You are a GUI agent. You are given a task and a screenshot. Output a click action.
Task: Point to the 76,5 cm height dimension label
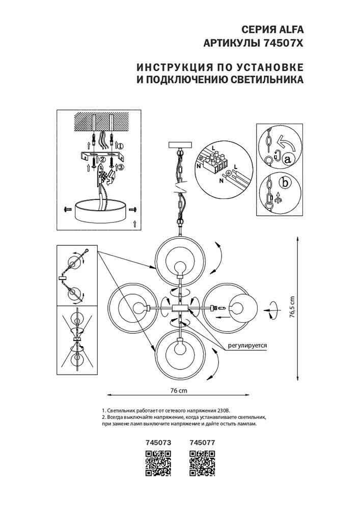coord(292,307)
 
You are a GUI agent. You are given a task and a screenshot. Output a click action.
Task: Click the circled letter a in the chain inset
coord(288,159)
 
